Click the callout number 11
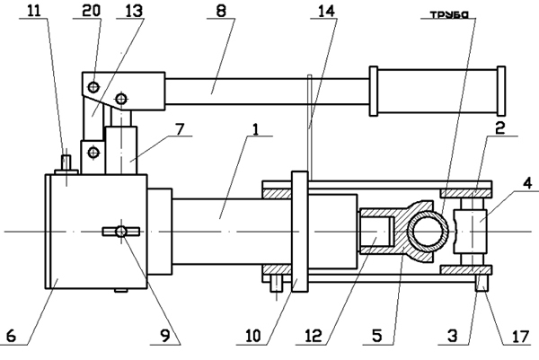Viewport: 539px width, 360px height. tap(34, 11)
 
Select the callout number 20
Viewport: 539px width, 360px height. tap(92, 10)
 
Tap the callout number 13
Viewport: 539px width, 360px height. tap(133, 11)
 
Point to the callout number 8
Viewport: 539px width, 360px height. tap(221, 11)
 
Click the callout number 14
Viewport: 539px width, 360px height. tap(326, 11)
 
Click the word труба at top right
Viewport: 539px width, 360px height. tap(449, 14)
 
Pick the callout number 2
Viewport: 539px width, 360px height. tap(499, 127)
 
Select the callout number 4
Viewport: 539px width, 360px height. tap(528, 183)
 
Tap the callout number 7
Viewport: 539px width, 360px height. tap(180, 129)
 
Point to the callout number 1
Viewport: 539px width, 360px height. tap(255, 129)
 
